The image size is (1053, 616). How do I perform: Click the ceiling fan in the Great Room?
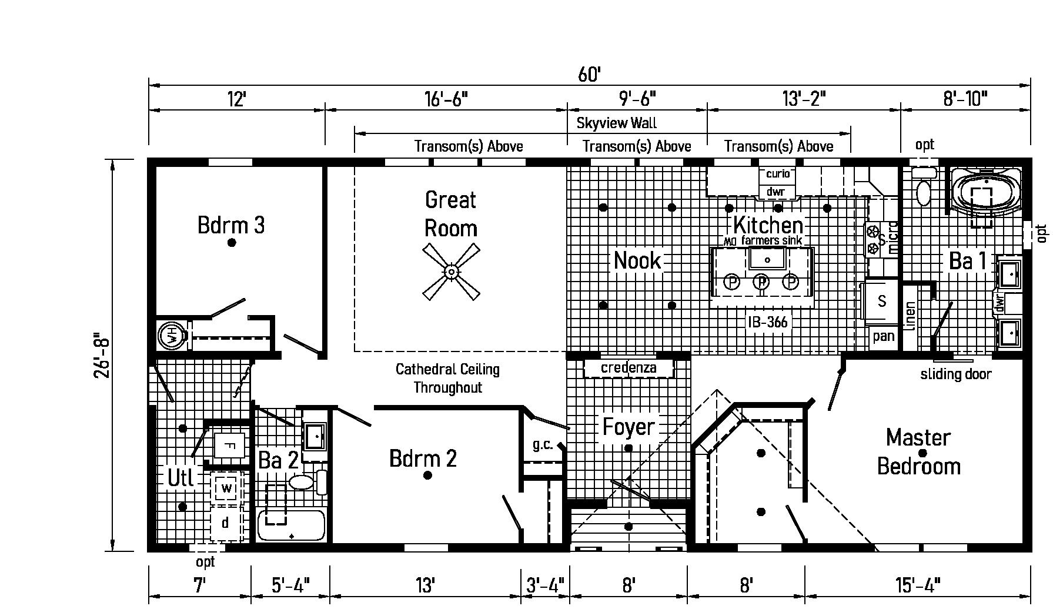(451, 272)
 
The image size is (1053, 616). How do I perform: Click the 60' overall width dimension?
(589, 75)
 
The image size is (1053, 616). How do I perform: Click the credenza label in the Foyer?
(628, 368)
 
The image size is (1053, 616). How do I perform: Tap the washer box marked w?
(227, 488)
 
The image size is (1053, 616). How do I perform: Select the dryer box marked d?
(225, 523)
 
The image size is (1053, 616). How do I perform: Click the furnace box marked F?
(230, 445)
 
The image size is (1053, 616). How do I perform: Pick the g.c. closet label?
(543, 444)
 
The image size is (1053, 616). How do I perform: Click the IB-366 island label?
(767, 322)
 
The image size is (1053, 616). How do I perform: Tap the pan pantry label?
(883, 336)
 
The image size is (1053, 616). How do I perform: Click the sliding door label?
(955, 374)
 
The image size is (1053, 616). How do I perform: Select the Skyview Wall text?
(616, 123)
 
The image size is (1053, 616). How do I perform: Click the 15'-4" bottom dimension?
(918, 585)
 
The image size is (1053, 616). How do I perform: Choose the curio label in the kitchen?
(777, 174)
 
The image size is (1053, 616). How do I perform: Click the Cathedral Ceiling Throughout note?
(447, 378)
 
